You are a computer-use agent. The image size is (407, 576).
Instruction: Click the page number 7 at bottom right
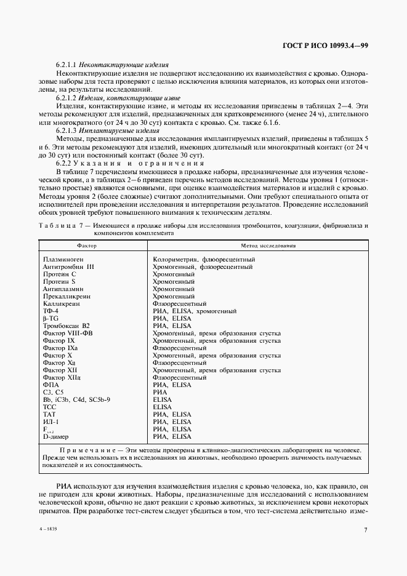pos(365,529)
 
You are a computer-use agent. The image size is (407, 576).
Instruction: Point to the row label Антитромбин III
pos(68,266)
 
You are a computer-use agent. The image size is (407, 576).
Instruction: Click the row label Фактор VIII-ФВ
pos(68,333)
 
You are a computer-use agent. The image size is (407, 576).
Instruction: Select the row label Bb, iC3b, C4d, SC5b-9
pos(76,399)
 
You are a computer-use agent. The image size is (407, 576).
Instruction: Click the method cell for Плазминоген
pos(203,259)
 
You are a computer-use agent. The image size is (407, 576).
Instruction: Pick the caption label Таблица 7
pos(58,226)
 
